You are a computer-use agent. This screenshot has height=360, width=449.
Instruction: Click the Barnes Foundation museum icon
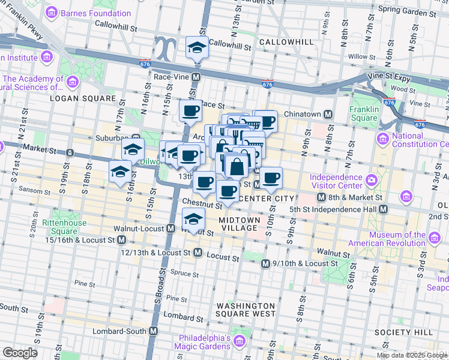(52, 13)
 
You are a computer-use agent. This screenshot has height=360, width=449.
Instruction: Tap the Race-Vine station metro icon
(196, 77)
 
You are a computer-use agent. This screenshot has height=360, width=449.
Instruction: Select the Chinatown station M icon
(328, 114)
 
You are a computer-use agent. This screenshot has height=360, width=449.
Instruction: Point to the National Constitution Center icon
(382, 139)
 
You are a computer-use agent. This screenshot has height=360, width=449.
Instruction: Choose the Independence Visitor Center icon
(371, 179)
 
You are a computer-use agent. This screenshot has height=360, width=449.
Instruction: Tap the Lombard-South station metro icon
(153, 331)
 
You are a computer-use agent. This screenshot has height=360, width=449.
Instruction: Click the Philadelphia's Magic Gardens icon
(240, 341)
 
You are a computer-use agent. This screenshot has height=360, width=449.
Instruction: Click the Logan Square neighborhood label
(83, 98)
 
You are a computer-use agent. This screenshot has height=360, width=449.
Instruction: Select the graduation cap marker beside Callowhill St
(196, 47)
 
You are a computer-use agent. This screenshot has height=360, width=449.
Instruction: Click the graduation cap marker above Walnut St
(193, 220)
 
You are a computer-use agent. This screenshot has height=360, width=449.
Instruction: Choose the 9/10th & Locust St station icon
(265, 263)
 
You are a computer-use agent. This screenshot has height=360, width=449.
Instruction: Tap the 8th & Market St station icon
(322, 197)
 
